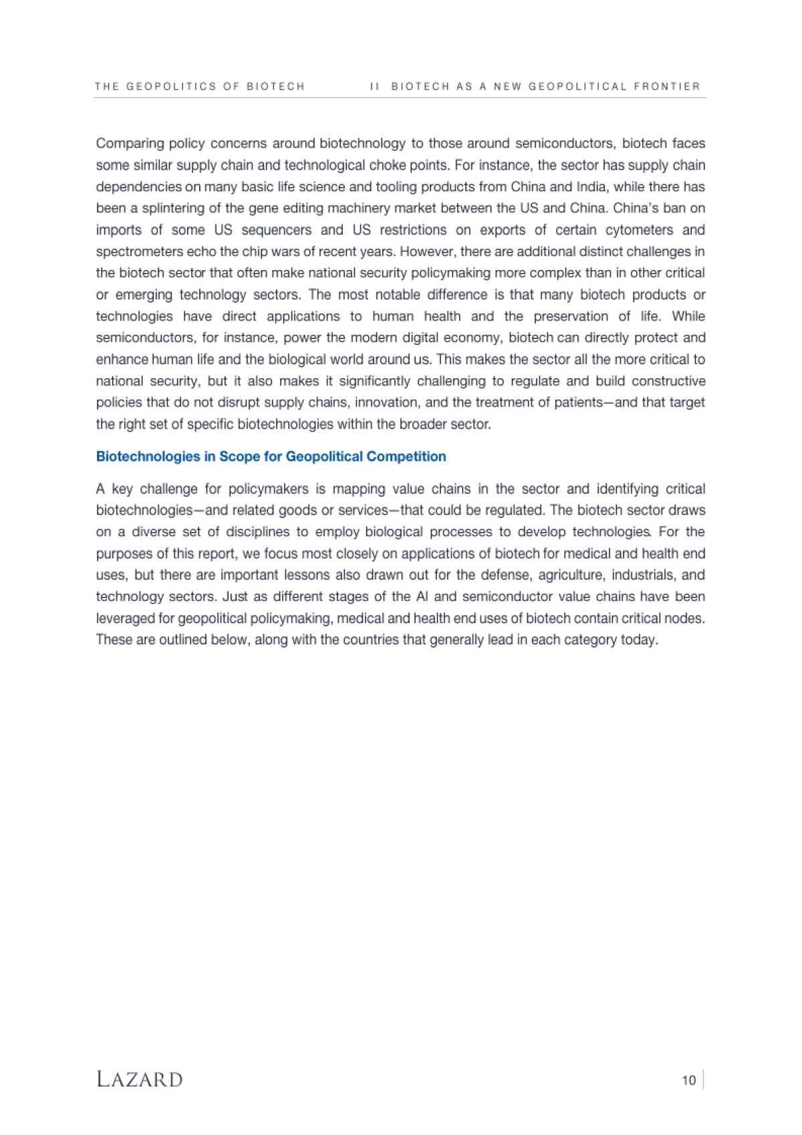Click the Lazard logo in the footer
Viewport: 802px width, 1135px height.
pos(139,1079)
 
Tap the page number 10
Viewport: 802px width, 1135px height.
pos(688,1080)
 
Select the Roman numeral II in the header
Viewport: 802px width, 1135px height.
pos(374,86)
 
